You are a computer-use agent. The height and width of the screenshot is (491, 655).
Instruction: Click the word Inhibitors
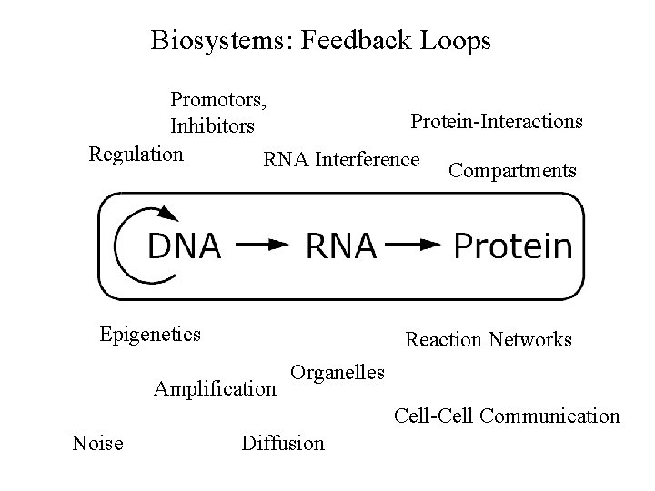(x=212, y=125)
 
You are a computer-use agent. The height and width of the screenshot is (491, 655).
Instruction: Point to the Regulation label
(x=136, y=153)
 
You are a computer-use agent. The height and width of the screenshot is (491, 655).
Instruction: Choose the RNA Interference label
(x=341, y=161)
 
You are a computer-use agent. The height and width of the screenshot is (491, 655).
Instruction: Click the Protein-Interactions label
(x=497, y=121)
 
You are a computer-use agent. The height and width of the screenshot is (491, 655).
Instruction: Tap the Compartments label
(x=512, y=170)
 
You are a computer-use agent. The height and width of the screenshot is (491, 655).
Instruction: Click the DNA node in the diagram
(x=184, y=245)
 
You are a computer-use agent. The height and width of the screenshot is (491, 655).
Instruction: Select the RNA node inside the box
(x=340, y=245)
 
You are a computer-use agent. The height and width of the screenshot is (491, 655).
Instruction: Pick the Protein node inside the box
(x=513, y=245)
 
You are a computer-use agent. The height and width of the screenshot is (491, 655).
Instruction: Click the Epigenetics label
(x=150, y=334)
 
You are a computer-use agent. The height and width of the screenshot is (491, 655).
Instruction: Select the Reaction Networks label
(x=489, y=340)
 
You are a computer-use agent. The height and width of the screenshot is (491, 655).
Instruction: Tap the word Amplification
(x=215, y=390)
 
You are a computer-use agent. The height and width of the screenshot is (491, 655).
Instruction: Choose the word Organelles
(x=338, y=372)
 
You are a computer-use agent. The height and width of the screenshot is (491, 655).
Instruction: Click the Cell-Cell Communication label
(x=507, y=416)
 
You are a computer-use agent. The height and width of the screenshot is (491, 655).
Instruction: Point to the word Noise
(x=97, y=443)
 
